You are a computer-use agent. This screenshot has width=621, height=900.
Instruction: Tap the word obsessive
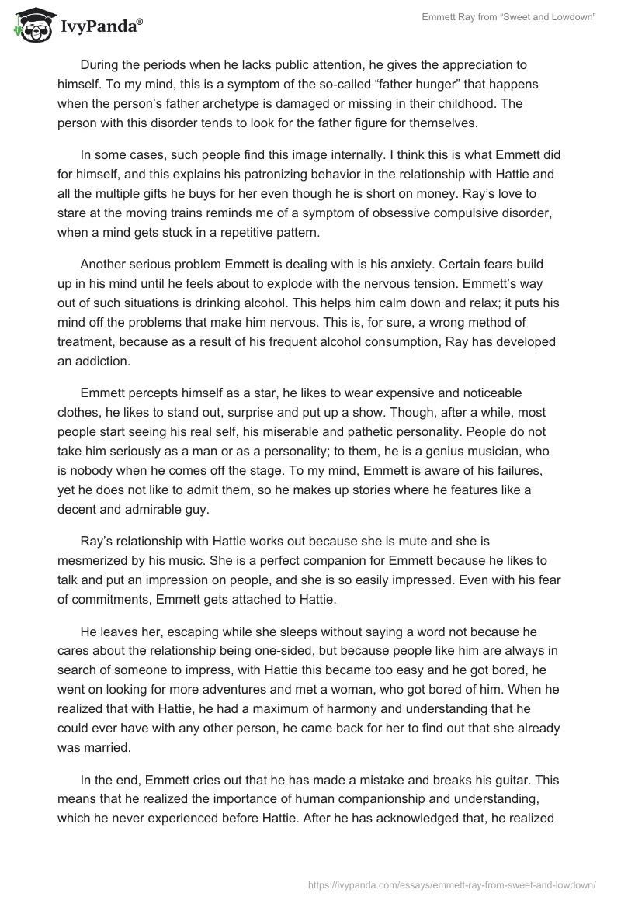(395, 214)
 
